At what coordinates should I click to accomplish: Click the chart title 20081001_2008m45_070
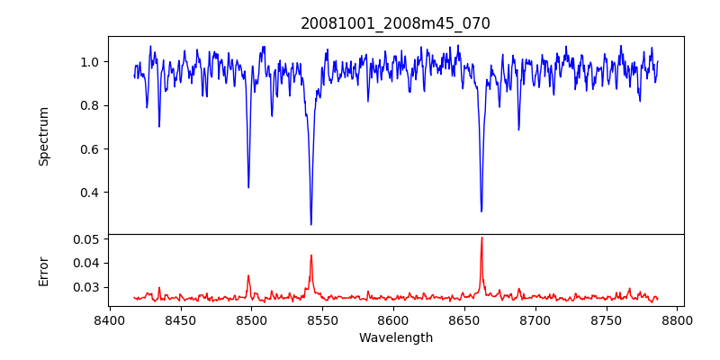pos(395,23)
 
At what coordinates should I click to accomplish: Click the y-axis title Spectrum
pos(43,136)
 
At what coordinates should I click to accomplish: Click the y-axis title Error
pos(43,270)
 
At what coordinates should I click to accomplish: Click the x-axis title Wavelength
pos(395,338)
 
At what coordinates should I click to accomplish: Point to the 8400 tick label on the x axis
pos(109,320)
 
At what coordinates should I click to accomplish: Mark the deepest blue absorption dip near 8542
pos(310,224)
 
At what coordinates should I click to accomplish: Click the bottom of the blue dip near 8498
pos(248,187)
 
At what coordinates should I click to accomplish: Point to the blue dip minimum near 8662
pos(481,211)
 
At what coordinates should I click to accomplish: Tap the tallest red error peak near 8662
pos(481,238)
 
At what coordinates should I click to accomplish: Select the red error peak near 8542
pos(310,256)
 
